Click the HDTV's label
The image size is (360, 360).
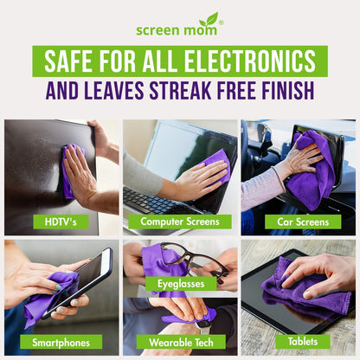click(61, 222)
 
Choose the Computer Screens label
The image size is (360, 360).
click(180, 222)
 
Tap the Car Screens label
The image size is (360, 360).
click(298, 222)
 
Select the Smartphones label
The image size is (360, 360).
click(61, 341)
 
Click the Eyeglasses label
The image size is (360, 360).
click(180, 283)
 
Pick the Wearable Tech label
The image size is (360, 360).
click(180, 341)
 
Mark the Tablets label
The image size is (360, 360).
click(298, 341)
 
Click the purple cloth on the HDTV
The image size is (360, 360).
click(68, 173)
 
